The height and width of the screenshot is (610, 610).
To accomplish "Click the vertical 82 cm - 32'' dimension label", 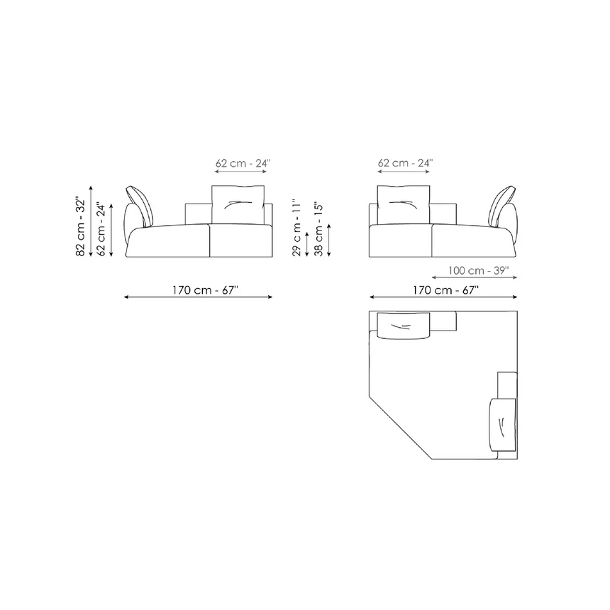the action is [80, 227].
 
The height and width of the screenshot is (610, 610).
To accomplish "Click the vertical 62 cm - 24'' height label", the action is [101, 228].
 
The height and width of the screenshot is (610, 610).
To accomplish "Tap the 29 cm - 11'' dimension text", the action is [296, 228].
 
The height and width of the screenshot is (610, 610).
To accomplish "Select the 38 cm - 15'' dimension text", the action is [318, 229].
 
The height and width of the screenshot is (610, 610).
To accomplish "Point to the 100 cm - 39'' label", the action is [478, 270].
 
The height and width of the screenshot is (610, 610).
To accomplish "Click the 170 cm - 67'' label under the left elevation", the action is [205, 290].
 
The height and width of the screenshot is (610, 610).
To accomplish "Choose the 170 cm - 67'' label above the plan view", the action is [445, 290].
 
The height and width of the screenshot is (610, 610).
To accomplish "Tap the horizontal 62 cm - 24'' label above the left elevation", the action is [243, 163].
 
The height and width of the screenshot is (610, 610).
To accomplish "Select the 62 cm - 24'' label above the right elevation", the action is [406, 162].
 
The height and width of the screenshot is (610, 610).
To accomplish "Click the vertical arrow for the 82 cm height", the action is [91, 221].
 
